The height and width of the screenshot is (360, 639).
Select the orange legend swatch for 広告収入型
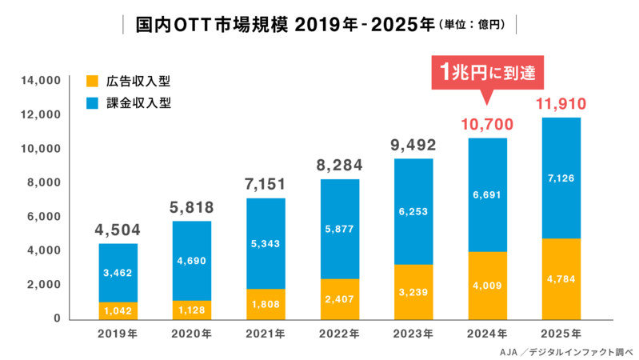tap(92, 81)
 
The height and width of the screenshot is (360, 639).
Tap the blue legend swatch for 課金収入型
tap(92, 103)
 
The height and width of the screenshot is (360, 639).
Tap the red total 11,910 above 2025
tap(560, 103)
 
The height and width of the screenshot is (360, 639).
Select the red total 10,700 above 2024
tap(486, 124)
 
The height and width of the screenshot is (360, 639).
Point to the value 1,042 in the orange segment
tap(118, 310)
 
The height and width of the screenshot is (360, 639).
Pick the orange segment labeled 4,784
tap(560, 278)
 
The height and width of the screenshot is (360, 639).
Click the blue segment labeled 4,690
tap(192, 260)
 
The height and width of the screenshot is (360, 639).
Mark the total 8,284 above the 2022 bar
tap(340, 166)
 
